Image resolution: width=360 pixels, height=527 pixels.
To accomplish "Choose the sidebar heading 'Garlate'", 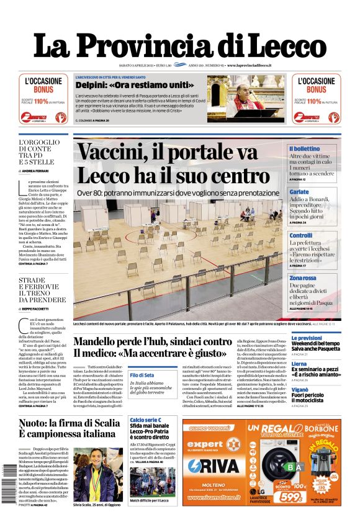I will (299, 192).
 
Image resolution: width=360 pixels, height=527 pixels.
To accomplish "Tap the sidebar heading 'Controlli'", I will (301, 236).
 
